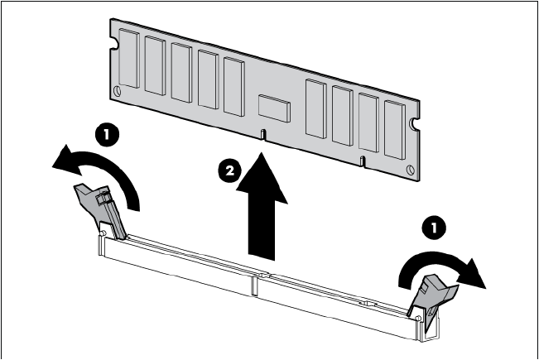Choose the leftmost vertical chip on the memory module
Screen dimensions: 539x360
pos(128,57)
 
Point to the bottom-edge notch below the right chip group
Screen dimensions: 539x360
pos(363,158)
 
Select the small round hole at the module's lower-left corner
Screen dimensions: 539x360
pos(118,89)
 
